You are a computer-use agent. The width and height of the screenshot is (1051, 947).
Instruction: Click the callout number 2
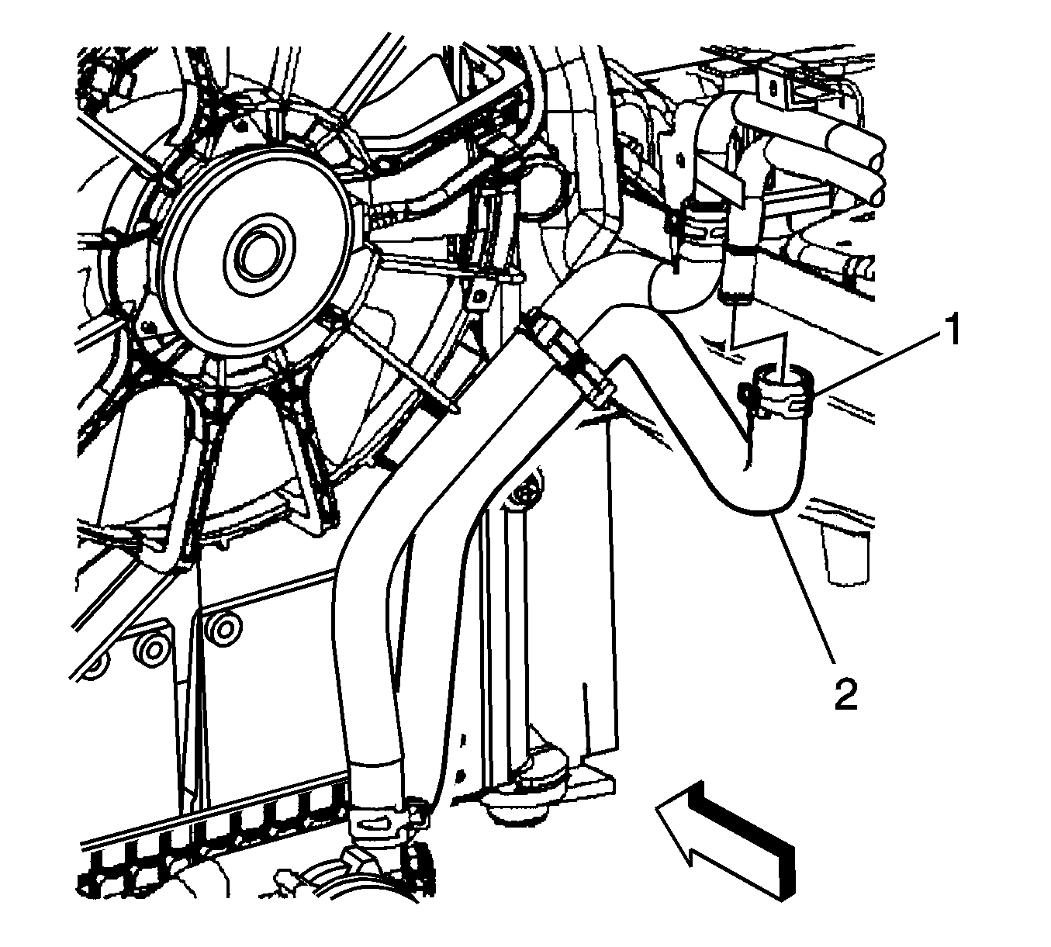click(845, 693)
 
